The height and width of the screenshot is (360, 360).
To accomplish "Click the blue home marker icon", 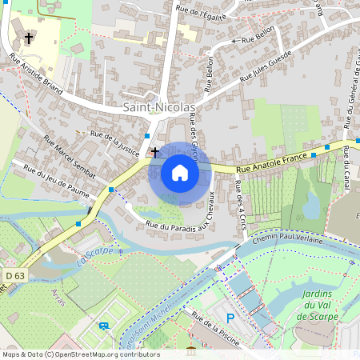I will (179, 173).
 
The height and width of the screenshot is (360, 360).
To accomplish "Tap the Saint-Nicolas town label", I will (159, 107).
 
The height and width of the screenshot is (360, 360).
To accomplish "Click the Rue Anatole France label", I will (272, 163).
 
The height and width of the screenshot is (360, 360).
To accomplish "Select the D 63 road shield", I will (14, 275).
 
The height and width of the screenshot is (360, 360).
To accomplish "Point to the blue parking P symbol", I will (230, 318).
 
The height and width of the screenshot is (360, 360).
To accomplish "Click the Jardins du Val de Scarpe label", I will (318, 305).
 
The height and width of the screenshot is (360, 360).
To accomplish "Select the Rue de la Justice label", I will (115, 141).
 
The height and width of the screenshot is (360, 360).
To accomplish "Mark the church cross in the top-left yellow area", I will (30, 38).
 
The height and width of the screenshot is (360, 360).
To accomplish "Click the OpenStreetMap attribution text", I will (80, 354).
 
